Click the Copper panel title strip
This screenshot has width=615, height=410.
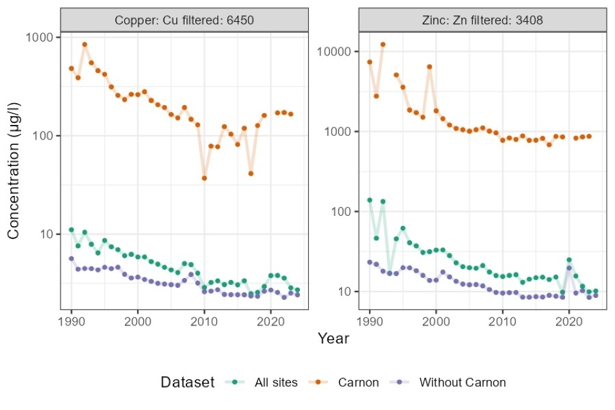pos(184,20)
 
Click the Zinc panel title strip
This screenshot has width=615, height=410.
pos(482,20)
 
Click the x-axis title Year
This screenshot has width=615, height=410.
pos(334,338)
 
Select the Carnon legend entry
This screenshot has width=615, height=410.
pos(357,382)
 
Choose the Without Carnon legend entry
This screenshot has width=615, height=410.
pos(461,382)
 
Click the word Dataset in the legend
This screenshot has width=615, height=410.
pos(187,382)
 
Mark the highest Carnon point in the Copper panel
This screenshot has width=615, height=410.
pos(85,45)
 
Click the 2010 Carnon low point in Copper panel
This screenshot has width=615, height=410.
pos(204,178)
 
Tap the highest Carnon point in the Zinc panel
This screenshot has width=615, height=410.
pos(383,45)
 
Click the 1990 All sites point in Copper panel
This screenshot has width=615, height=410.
pos(71,230)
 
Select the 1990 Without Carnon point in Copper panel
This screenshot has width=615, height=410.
pos(71,259)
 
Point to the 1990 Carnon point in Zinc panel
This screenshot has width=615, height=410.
pos(370,62)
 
